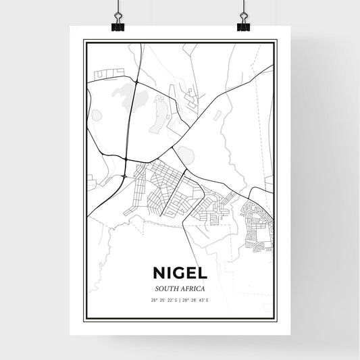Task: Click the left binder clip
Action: coord(117,21)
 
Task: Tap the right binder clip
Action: coord(243,21)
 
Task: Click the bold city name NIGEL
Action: coord(180,274)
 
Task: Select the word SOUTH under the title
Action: coord(165,288)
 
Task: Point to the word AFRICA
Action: coord(193,288)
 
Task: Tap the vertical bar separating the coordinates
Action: coord(180,299)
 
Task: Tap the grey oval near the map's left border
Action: coord(96,115)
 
